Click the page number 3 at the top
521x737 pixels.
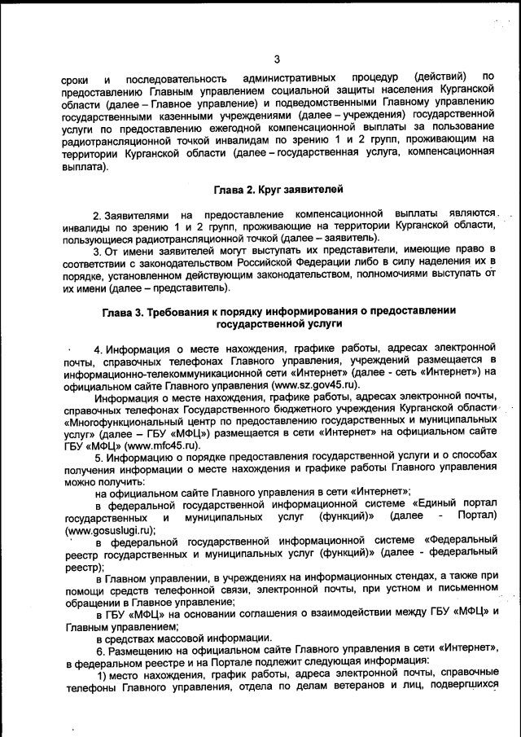tap(277, 58)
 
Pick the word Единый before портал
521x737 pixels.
tap(431, 506)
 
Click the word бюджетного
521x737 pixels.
tap(308, 410)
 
